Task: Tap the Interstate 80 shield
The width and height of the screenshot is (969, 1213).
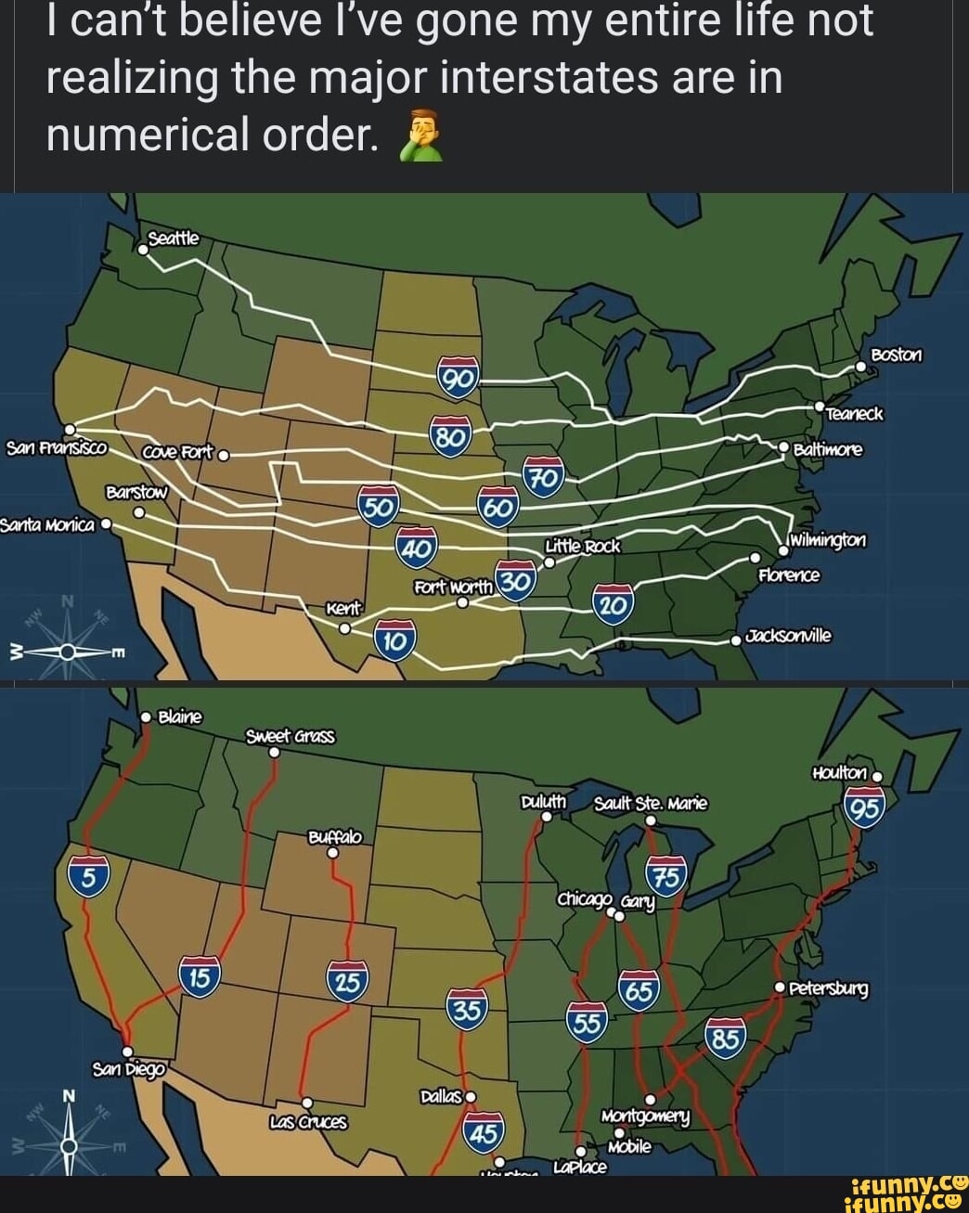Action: [x=451, y=435]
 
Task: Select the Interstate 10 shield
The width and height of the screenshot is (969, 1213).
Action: [x=394, y=640]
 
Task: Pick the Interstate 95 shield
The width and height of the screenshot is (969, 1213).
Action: [x=864, y=808]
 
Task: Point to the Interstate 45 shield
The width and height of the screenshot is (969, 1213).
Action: [x=484, y=1132]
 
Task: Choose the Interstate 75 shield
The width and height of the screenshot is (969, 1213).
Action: [x=666, y=877]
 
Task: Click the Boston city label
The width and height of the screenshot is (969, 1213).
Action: [x=897, y=355]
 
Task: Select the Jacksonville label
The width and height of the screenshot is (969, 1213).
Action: [x=790, y=636]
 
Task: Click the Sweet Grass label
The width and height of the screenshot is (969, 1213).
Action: [x=291, y=736]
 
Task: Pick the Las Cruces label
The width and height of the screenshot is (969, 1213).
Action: [x=307, y=1122]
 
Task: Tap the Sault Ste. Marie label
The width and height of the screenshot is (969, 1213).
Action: [x=651, y=802]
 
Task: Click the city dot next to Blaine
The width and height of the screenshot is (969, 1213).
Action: [x=146, y=716]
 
